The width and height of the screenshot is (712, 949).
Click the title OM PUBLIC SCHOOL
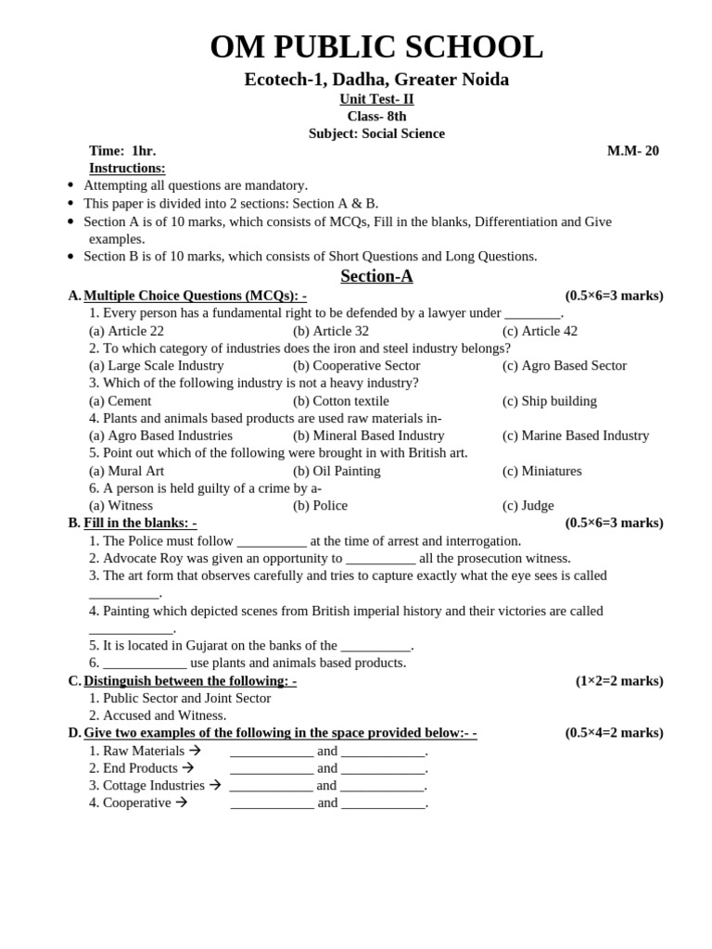(376, 47)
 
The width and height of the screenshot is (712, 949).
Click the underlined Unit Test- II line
(376, 99)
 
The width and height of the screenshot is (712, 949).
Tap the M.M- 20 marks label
(632, 151)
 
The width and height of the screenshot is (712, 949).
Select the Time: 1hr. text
(122, 151)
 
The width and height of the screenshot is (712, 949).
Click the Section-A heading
(376, 276)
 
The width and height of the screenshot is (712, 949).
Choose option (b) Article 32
(331, 331)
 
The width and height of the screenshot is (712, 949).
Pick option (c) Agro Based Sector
(565, 366)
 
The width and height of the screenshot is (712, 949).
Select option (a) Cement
(121, 401)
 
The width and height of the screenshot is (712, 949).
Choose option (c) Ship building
(550, 401)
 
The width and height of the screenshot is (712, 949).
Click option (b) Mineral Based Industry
(369, 436)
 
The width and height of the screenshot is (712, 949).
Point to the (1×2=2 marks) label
(619, 681)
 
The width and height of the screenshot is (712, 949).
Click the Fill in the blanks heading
(140, 523)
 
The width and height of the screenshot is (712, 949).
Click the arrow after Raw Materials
(195, 751)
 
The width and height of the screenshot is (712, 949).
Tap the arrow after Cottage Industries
(215, 785)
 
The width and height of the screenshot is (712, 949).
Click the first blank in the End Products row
(272, 769)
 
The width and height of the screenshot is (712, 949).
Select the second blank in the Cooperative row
(383, 803)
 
